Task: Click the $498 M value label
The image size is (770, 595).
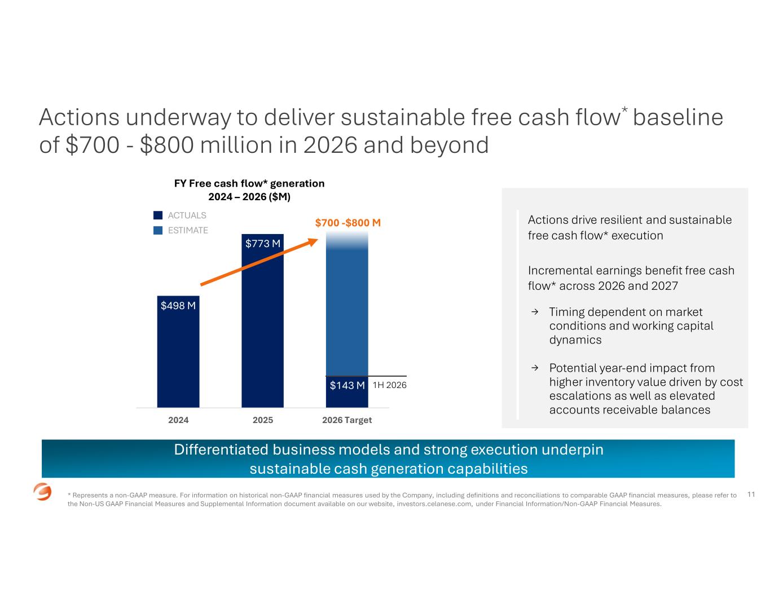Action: click(x=178, y=305)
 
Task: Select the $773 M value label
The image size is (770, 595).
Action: click(x=262, y=243)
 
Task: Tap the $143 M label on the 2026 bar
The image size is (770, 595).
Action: click(x=347, y=385)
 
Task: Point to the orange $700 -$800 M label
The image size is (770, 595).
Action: click(x=347, y=223)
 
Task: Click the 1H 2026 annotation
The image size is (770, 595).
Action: click(x=389, y=385)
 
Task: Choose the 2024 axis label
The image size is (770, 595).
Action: click(x=178, y=420)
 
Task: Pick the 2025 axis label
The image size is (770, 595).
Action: click(x=262, y=420)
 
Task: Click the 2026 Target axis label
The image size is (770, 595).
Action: click(x=347, y=420)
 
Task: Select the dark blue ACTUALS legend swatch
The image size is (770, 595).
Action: click(x=158, y=215)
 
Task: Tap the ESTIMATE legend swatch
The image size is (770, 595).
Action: click(x=158, y=230)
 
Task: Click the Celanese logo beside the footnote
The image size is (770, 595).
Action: click(x=42, y=492)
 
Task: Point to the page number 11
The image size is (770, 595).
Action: click(x=751, y=494)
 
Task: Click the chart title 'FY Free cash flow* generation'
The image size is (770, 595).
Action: click(x=249, y=183)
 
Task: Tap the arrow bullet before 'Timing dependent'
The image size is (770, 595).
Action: click(x=535, y=312)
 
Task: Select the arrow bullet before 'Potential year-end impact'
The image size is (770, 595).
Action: click(x=535, y=368)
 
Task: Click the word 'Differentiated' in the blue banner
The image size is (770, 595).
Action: click(x=221, y=449)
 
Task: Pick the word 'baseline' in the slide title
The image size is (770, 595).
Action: click(x=678, y=117)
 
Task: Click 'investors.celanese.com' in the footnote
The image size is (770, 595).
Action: click(x=434, y=504)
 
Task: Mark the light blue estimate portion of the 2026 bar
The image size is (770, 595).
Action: click(x=347, y=308)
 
